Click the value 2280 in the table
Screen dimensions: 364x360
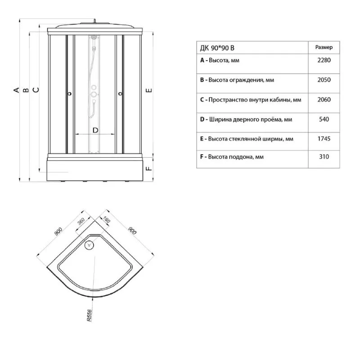(324, 60)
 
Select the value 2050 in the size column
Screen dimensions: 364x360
(324, 80)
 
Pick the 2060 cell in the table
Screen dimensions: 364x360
(324, 99)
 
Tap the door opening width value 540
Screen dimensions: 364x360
(324, 119)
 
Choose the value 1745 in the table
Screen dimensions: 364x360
(324, 139)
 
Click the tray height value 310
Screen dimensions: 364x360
(324, 156)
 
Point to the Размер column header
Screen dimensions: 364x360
(324, 47)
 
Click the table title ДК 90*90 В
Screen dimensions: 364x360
(217, 48)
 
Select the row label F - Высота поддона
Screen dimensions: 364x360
(232, 157)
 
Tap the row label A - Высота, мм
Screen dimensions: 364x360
(220, 60)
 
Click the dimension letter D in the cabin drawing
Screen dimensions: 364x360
(95, 130)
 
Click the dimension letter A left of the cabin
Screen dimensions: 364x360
(17, 90)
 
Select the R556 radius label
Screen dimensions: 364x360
(90, 316)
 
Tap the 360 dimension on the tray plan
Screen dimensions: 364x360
(81, 221)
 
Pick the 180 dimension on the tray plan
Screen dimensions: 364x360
(106, 219)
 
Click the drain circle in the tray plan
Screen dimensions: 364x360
(89, 245)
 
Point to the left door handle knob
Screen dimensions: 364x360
(69, 94)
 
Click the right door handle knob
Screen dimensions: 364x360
(120, 94)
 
